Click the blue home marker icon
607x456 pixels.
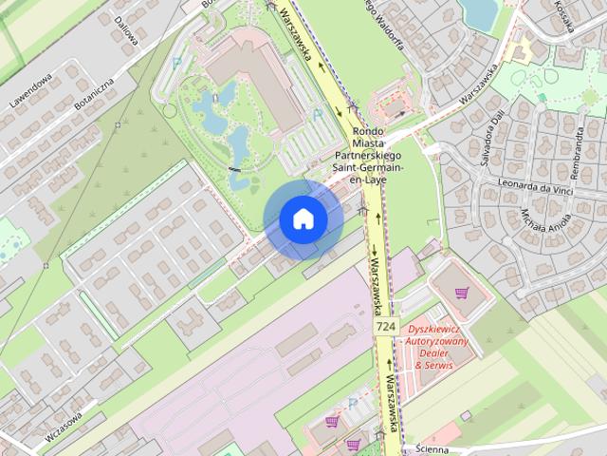pyautogui.click(x=303, y=219)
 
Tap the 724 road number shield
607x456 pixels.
pyautogui.click(x=385, y=327)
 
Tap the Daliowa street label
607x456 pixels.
pyautogui.click(x=125, y=28)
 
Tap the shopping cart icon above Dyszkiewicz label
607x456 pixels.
pyautogui.click(x=462, y=293)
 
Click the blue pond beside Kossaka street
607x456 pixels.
pyautogui.click(x=479, y=12)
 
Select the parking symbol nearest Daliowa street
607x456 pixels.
pyautogui.click(x=176, y=64)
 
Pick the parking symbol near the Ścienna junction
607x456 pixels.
pyautogui.click(x=354, y=404)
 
